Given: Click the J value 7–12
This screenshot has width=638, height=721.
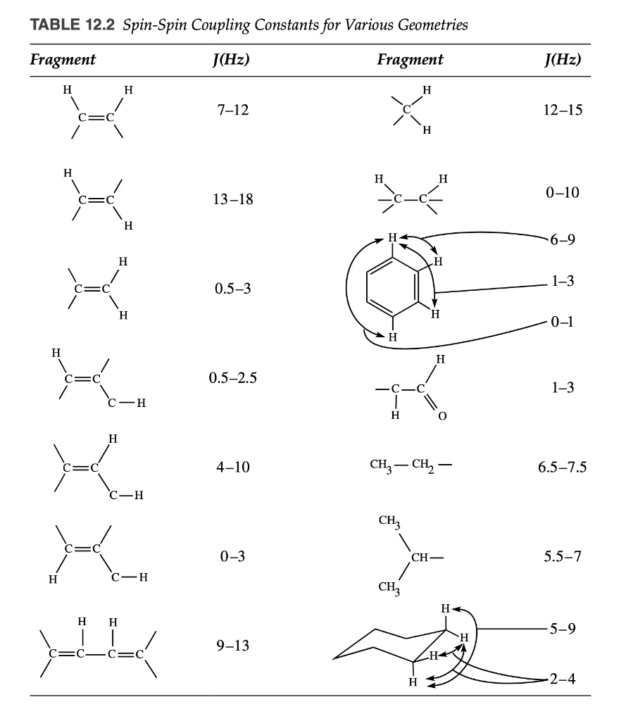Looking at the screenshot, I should [232, 111].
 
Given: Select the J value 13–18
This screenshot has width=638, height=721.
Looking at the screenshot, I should [232, 200].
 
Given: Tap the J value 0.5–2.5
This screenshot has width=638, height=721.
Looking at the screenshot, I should [232, 378].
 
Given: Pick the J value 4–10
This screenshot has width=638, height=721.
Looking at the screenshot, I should [232, 467].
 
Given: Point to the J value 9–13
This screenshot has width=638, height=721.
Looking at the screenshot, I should [232, 646].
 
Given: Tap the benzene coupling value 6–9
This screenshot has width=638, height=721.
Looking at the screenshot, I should [561, 239].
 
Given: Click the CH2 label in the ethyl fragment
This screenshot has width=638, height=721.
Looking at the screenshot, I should [426, 466].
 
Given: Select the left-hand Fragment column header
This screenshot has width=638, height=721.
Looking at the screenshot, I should [63, 60].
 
